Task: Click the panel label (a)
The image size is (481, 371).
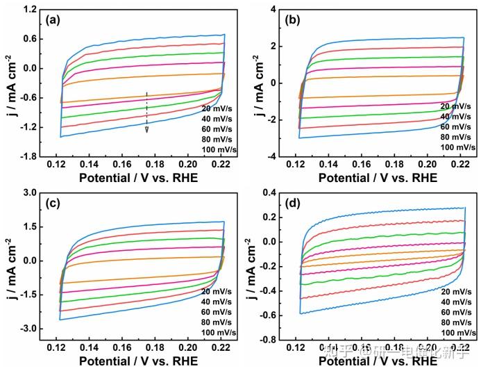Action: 53,20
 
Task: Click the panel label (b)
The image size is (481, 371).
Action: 293,20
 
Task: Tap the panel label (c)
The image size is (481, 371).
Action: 53,204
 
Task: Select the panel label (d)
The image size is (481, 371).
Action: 293,204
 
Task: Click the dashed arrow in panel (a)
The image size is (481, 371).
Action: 146,111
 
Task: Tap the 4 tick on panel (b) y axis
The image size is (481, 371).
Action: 273,10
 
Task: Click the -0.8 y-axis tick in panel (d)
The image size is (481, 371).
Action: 266,340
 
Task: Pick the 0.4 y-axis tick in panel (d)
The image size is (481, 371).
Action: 267,192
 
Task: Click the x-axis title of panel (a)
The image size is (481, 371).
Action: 137,177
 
